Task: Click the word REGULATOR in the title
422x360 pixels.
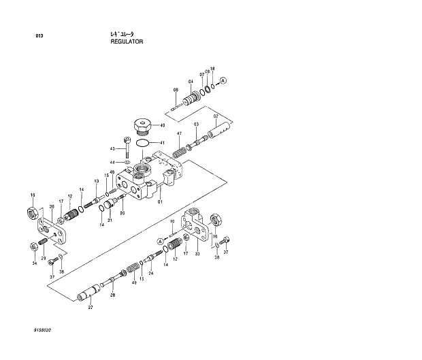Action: (x=127, y=42)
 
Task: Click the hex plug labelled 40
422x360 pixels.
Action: (x=142, y=127)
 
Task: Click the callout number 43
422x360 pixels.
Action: (x=113, y=148)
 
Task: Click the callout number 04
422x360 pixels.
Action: (x=191, y=82)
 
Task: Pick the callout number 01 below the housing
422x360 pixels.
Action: (x=160, y=201)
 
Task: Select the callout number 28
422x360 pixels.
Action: (x=113, y=295)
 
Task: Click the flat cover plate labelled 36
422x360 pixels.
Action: (x=51, y=229)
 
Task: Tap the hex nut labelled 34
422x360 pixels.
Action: (x=33, y=247)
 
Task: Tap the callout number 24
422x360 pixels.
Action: (x=151, y=274)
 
